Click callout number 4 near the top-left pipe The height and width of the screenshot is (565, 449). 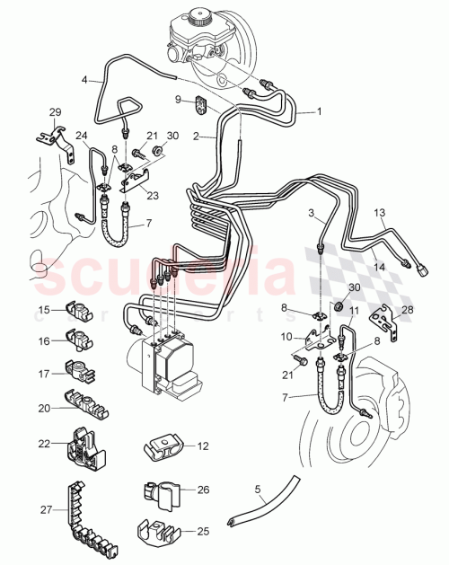(x=85, y=79)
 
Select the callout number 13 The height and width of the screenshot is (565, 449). (x=379, y=213)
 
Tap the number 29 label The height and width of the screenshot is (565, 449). (x=55, y=111)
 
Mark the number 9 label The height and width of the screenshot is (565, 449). (x=178, y=99)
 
